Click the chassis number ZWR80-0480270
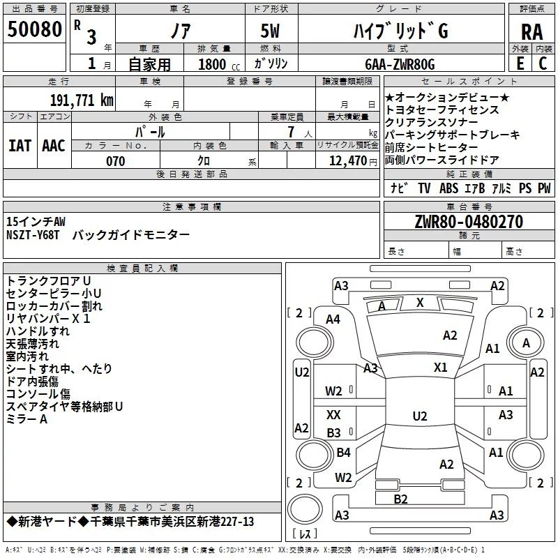[x=468, y=222]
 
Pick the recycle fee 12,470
[x=347, y=161]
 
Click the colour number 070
[x=115, y=161]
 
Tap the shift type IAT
[x=20, y=145]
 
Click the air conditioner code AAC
[x=54, y=145]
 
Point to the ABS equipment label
[x=449, y=188]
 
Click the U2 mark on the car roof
[x=419, y=416]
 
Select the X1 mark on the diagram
[x=440, y=367]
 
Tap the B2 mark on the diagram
[x=400, y=499]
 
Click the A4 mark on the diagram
[x=333, y=319]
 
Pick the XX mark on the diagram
[x=334, y=414]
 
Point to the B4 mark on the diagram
[x=343, y=453]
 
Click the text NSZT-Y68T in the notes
[x=33, y=236]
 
